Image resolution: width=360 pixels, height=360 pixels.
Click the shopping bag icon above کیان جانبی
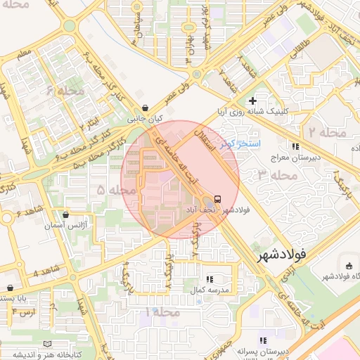(x=145, y=108)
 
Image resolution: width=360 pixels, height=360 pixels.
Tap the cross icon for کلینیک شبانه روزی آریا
(x=252, y=101)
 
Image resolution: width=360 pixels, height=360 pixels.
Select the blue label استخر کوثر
(x=240, y=144)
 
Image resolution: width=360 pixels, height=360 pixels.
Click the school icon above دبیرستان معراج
(x=296, y=146)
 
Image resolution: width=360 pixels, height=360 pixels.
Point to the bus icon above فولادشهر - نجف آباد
(x=217, y=199)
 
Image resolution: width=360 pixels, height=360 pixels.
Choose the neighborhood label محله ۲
(x=327, y=132)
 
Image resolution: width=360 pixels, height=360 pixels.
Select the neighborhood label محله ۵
(x=116, y=190)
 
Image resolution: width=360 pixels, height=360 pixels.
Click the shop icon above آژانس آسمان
(x=65, y=215)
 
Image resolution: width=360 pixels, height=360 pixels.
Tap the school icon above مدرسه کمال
(x=210, y=279)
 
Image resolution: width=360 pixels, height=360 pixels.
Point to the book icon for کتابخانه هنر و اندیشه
(x=47, y=343)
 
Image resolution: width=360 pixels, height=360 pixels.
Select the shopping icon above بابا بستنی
(x=10, y=288)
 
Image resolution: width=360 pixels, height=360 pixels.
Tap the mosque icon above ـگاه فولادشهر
(x=349, y=265)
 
